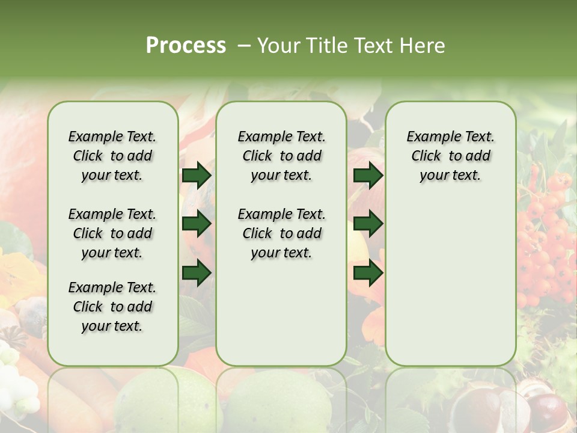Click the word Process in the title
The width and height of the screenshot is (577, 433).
pos(186,46)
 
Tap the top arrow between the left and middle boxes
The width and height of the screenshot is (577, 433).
pos(197,175)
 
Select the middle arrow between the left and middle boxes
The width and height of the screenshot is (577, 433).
pos(197,224)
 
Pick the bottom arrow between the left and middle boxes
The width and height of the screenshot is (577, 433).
pos(197,273)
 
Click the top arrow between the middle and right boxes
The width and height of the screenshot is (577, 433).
pos(368,175)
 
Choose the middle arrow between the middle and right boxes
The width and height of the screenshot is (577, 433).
pos(368,224)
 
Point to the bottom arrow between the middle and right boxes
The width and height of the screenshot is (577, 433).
pos(368,273)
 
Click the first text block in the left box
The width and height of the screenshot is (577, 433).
pos(112,156)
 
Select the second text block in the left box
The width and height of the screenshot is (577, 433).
pos(112,233)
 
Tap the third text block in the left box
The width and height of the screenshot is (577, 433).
pos(112,307)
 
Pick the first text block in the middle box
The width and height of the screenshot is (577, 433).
pos(281,156)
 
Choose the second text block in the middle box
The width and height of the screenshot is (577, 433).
pos(281,233)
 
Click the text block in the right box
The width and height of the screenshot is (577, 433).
pos(450,156)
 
